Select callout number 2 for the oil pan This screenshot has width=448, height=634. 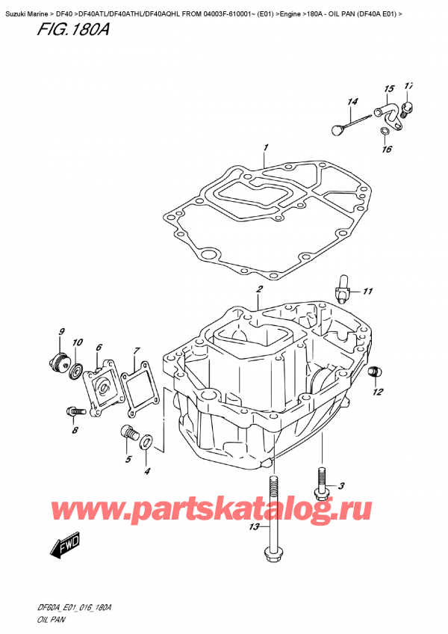click(258, 290)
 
